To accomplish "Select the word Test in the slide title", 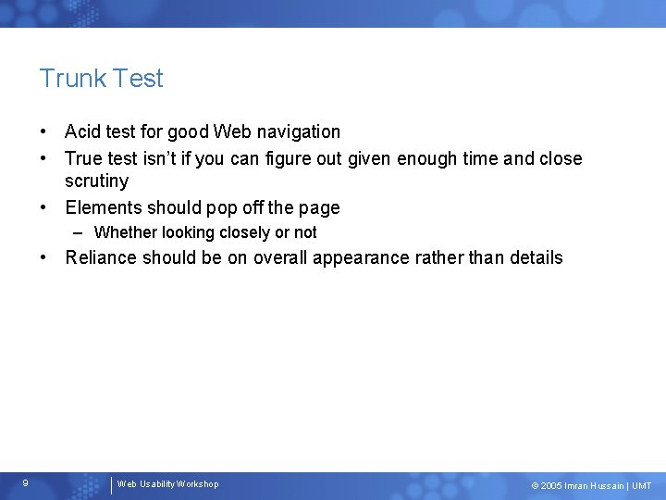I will (x=139, y=79).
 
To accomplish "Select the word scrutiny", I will (x=96, y=181).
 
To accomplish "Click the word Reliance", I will (x=103, y=257).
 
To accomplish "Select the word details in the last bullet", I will (x=536, y=257).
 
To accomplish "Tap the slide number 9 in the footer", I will (x=25, y=483).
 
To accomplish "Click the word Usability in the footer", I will (x=157, y=484).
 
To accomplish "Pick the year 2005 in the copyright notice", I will (x=551, y=486).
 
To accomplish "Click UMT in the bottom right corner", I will (x=641, y=486).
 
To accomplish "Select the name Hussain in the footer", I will (x=606, y=486).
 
